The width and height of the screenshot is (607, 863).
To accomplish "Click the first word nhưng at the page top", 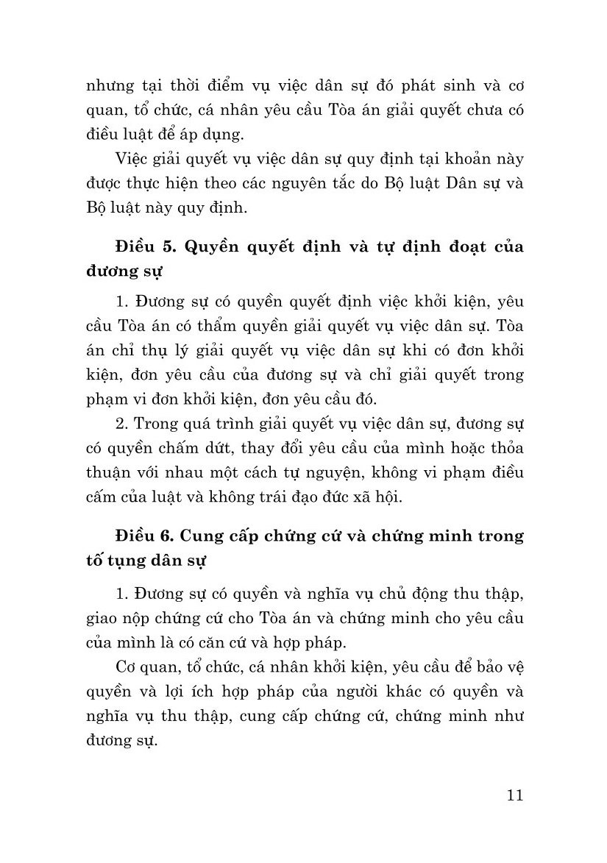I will (107, 84).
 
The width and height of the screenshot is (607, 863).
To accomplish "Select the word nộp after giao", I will (160, 618).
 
